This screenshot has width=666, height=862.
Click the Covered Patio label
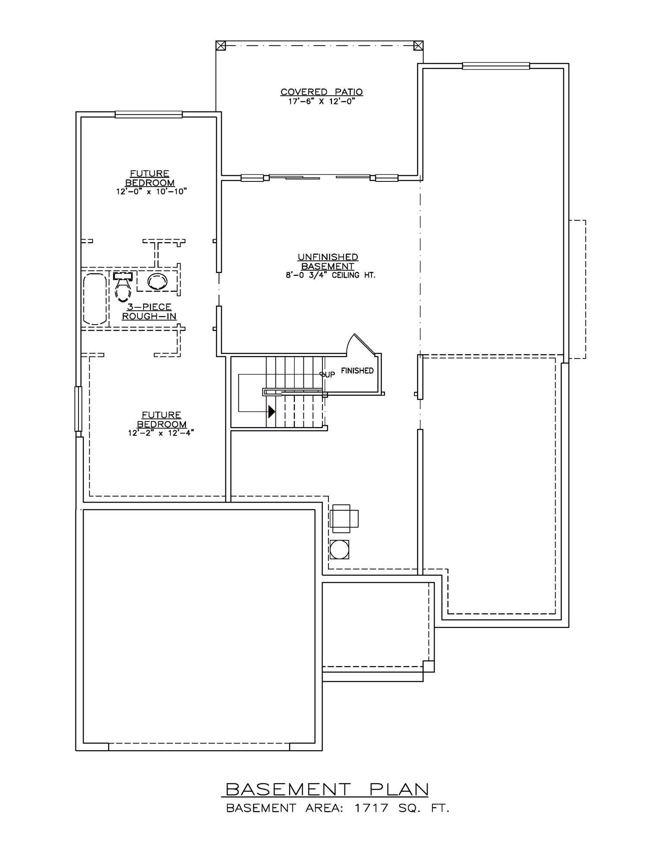321,92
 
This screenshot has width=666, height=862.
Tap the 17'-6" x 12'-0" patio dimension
321,102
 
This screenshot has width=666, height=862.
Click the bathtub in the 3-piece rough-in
95,298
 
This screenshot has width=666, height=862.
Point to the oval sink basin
157,281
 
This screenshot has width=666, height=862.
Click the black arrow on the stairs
271,412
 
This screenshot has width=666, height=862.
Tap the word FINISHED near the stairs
357,371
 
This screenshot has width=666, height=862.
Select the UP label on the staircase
328,375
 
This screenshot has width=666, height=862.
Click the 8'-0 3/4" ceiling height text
330,275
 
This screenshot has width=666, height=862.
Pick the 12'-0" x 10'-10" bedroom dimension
151,191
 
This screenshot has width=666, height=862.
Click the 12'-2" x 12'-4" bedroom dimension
161,433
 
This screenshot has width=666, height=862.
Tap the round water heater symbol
339,550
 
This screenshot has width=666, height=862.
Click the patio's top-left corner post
220,45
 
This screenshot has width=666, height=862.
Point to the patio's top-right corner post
418,45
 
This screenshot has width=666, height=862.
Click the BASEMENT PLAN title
327,790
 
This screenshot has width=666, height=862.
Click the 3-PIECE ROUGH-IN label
149,312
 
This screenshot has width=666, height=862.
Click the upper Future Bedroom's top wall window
148,114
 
